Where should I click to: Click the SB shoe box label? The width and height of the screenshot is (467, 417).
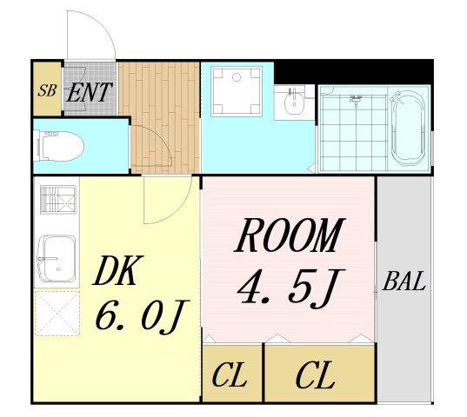pyautogui.click(x=47, y=90)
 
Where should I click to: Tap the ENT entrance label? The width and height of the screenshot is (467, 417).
pyautogui.click(x=89, y=92)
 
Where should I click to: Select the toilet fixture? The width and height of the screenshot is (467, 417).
pyautogui.click(x=58, y=146)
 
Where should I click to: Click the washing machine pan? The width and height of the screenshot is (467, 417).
pyautogui.click(x=237, y=91)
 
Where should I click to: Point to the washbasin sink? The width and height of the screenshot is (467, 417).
pyautogui.click(x=294, y=101)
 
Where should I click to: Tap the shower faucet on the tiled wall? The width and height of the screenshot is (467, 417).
pyautogui.click(x=356, y=99)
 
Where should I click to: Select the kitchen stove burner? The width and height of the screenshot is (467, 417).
pyautogui.click(x=58, y=199)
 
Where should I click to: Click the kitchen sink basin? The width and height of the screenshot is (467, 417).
pyautogui.click(x=56, y=259)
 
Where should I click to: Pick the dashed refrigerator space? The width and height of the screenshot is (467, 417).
pyautogui.click(x=57, y=314)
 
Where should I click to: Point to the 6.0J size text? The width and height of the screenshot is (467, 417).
pyautogui.click(x=143, y=317)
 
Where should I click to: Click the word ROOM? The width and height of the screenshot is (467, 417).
pyautogui.click(x=290, y=235)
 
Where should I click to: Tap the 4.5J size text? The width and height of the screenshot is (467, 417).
pyautogui.click(x=291, y=288)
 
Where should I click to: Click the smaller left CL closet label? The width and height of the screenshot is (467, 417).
pyautogui.click(x=230, y=374)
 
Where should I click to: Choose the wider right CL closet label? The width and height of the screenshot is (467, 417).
pyautogui.click(x=315, y=374)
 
